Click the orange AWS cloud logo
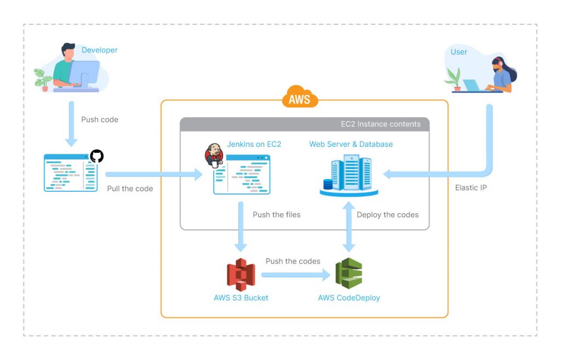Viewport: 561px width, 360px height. coord(300,99)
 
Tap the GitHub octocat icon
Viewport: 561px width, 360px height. coord(96,156)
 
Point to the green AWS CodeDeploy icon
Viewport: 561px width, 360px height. coord(349,274)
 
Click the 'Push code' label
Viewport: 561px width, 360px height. coord(100,119)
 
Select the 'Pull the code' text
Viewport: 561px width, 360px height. coord(130,188)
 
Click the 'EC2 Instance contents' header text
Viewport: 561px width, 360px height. coord(380,124)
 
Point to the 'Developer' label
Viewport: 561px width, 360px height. coord(99,50)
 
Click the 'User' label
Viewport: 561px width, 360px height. coord(459,52)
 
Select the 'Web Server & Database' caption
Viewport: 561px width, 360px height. coord(351,144)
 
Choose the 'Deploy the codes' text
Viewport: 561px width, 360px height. coord(387,215)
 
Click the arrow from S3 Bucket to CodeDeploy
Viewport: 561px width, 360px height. coord(296,273)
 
